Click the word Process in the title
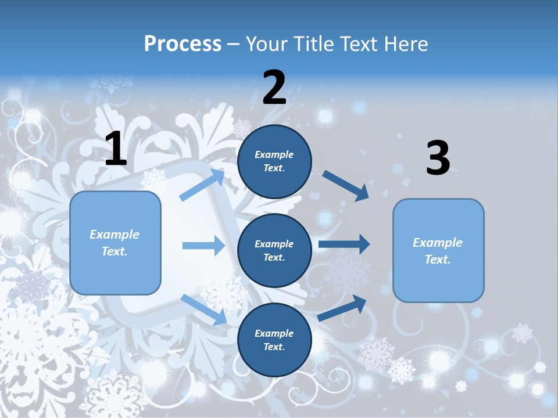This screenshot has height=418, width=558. point(183,44)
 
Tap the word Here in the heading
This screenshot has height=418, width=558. point(404,44)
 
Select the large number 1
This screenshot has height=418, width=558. point(116,149)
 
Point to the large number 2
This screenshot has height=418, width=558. point(274,88)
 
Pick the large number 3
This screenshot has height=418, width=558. point(438,158)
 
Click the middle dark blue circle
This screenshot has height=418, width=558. point(274,250)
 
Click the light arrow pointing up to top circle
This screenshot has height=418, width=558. point(202,185)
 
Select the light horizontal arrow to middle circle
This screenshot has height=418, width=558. point(203,246)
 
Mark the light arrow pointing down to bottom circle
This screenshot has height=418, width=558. point(203,309)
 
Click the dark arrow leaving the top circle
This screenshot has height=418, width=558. point(346,186)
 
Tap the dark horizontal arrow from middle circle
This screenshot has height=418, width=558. point(344,244)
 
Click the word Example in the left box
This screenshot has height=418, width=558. point(115,235)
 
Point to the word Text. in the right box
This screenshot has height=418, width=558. point(438,260)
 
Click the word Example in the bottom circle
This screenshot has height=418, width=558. point(274,333)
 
